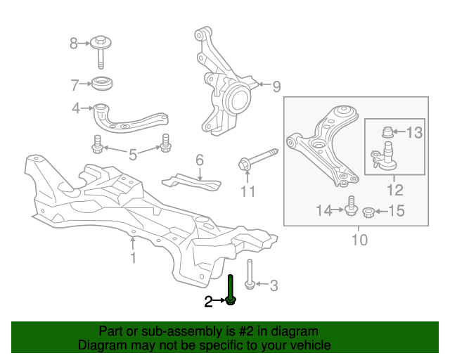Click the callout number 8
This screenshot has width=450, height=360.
click(x=74, y=44)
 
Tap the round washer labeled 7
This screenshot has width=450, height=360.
click(x=103, y=84)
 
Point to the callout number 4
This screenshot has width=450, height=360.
click(x=75, y=108)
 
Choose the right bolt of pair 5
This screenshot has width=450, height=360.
click(x=166, y=143)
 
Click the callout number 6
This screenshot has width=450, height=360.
click(x=200, y=160)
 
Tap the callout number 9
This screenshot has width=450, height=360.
click(x=276, y=86)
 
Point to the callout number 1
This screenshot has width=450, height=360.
click(x=132, y=258)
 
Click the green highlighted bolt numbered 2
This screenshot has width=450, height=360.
click(x=231, y=290)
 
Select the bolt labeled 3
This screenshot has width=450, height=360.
click(x=250, y=275)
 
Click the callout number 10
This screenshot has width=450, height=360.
click(x=359, y=241)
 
